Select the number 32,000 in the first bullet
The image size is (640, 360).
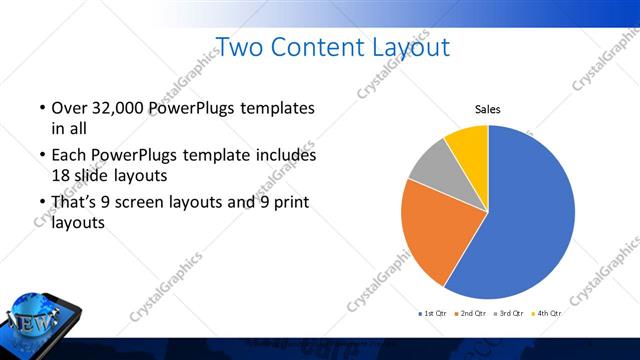[x=109, y=108]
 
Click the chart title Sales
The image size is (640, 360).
[x=487, y=110]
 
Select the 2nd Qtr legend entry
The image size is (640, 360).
[x=470, y=313]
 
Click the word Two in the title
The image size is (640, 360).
[x=238, y=46]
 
